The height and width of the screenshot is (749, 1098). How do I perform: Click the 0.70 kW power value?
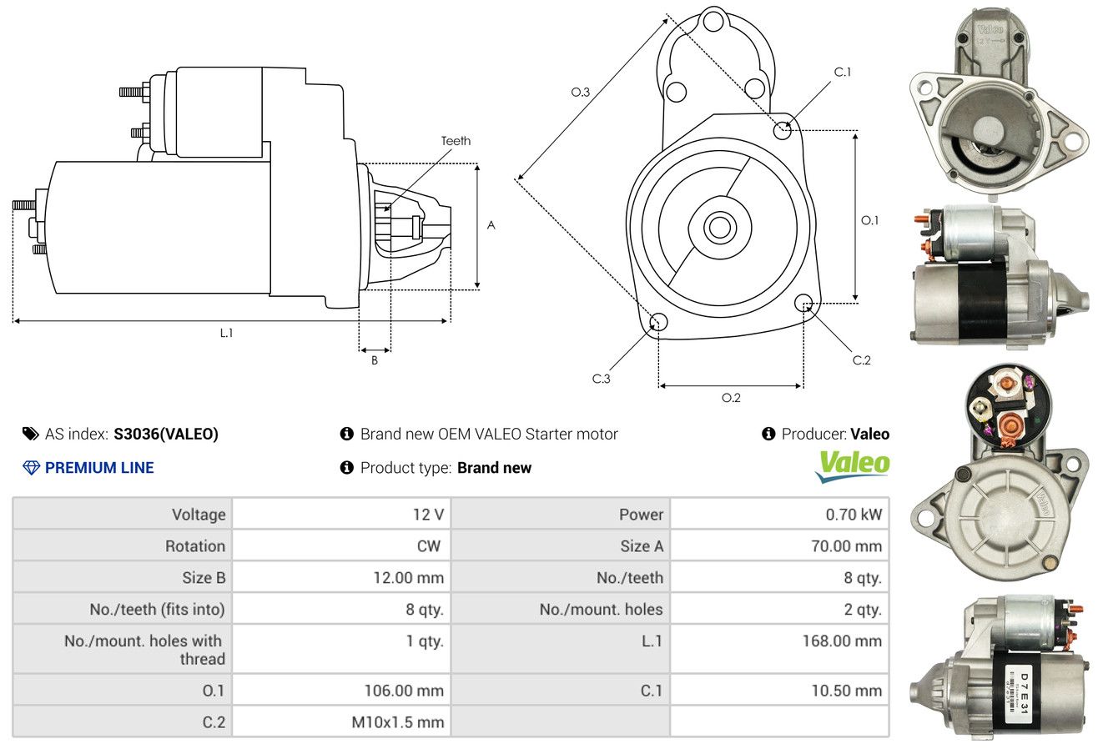tap(854, 515)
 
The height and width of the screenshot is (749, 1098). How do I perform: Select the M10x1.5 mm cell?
tap(398, 722)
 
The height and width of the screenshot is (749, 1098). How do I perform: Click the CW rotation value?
tap(428, 546)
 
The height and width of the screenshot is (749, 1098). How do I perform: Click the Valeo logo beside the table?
tap(853, 466)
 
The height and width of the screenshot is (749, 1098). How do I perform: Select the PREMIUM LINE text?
tap(99, 468)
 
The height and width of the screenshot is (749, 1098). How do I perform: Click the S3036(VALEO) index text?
tap(166, 434)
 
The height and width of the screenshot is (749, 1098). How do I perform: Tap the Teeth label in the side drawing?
tap(456, 141)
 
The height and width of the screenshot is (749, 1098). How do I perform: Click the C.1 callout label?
tap(843, 73)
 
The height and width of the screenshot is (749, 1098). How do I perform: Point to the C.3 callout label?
tap(601, 379)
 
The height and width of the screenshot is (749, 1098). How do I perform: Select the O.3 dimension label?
tap(581, 93)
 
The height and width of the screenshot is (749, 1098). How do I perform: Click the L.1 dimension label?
tap(226, 333)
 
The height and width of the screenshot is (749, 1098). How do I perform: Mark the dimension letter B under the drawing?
tap(375, 361)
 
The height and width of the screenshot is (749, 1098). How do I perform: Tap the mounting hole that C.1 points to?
tap(782, 130)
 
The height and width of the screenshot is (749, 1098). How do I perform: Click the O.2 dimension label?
tap(731, 398)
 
